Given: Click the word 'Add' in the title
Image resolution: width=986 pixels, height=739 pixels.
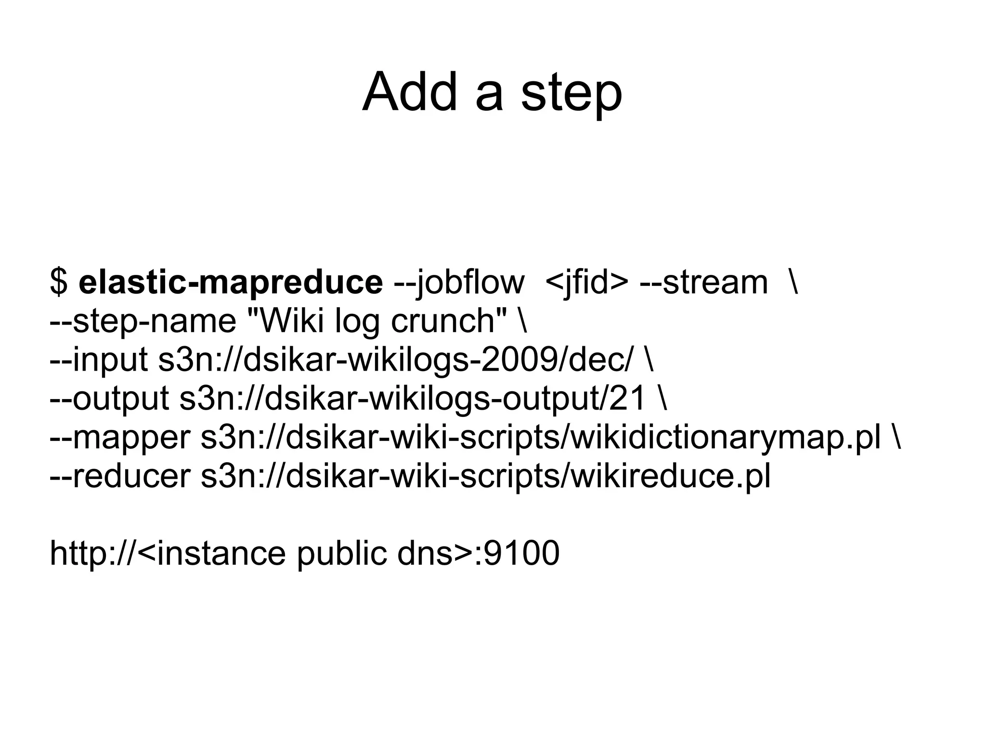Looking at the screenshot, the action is pos(409,91).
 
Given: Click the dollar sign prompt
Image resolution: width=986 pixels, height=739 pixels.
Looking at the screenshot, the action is pos(59,283).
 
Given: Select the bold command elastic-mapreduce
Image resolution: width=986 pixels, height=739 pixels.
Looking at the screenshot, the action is pos(231,283).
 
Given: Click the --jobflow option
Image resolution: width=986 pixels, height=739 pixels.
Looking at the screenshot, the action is pos(459,283).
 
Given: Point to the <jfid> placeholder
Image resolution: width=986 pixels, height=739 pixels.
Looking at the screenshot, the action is pos(587,283).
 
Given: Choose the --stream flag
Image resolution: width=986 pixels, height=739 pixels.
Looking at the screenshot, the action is pos(704,283).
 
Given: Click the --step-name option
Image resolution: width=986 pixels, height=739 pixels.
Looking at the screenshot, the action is pos(143,321).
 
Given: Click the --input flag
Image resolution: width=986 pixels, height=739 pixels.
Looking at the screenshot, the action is pos(99,360).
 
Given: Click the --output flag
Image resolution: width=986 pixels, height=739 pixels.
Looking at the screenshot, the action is pos(109,399).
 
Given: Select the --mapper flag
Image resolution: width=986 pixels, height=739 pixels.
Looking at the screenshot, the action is pos(120,437).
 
